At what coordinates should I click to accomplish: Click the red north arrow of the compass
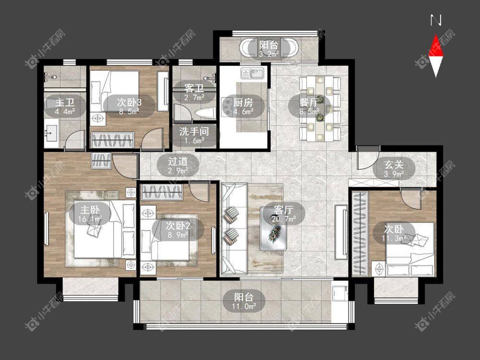436,47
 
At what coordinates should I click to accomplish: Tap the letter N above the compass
436,21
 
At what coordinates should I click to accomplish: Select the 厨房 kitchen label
243,102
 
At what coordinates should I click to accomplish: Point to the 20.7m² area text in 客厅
284,219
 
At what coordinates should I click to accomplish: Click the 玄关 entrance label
394,165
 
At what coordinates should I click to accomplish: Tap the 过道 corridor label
178,161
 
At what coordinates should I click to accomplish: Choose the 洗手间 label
194,132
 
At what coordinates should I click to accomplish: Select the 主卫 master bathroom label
65,102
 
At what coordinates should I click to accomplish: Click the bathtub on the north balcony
268,48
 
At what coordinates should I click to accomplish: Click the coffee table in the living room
274,228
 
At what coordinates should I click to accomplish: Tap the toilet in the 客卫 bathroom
204,113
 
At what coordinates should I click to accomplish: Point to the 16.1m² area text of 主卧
90,219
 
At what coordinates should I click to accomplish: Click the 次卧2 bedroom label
178,226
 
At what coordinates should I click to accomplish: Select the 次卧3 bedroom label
129,102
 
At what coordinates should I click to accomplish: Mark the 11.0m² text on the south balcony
244,306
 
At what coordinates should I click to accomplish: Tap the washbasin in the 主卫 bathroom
51,133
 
